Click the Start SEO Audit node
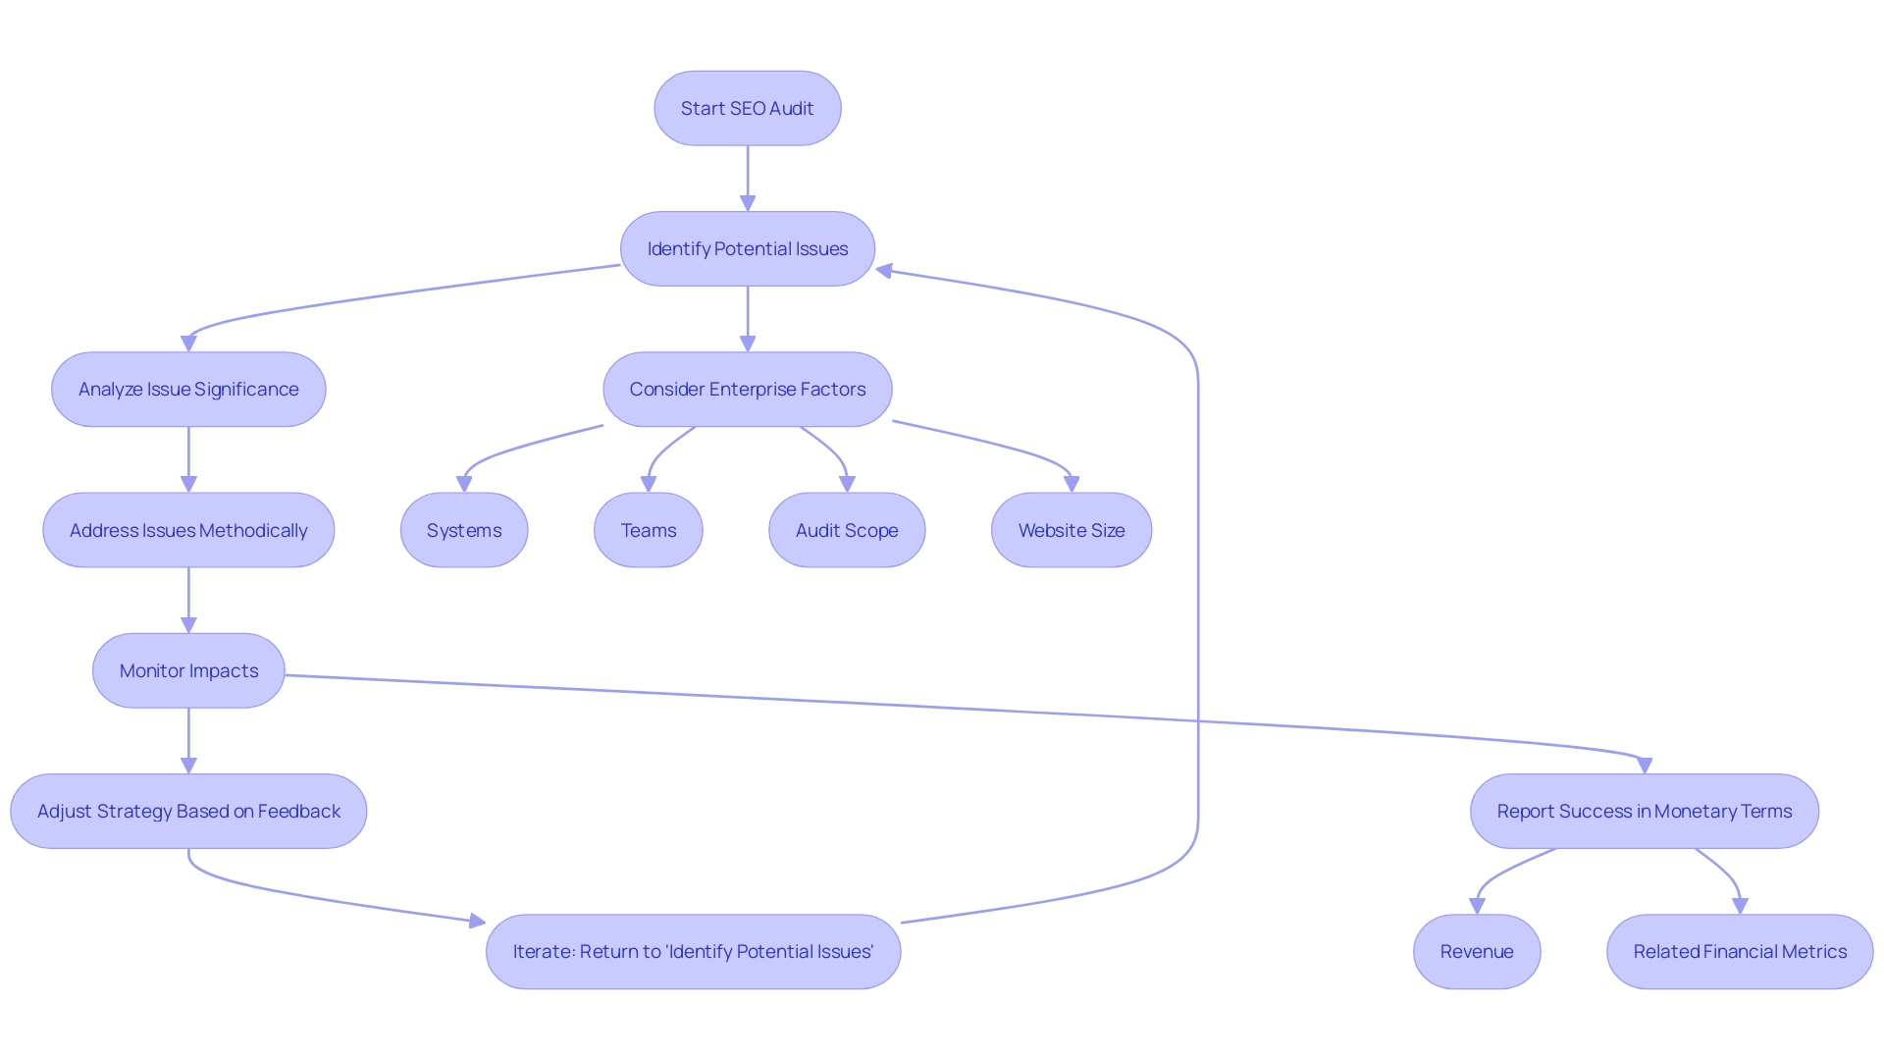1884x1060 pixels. [747, 108]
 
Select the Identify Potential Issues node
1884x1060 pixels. [747, 249]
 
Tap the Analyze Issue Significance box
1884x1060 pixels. [188, 390]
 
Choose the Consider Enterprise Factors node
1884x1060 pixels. [747, 390]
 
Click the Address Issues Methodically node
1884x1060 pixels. [188, 530]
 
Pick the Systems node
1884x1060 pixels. [464, 530]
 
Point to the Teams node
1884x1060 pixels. [648, 530]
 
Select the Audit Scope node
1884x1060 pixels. [847, 530]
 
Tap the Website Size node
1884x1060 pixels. [1071, 530]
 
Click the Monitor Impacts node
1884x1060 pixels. [188, 670]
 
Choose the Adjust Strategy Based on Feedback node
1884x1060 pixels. [188, 812]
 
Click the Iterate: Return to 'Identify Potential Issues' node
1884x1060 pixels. [693, 952]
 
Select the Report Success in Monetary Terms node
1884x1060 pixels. [1644, 812]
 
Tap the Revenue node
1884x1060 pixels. [1476, 952]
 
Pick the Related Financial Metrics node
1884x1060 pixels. [1739, 952]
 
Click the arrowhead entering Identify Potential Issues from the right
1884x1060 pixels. [884, 270]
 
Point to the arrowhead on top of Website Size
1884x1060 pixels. [1071, 484]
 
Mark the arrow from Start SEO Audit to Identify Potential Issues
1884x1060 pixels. [748, 178]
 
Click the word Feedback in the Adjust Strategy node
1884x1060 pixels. [299, 812]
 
